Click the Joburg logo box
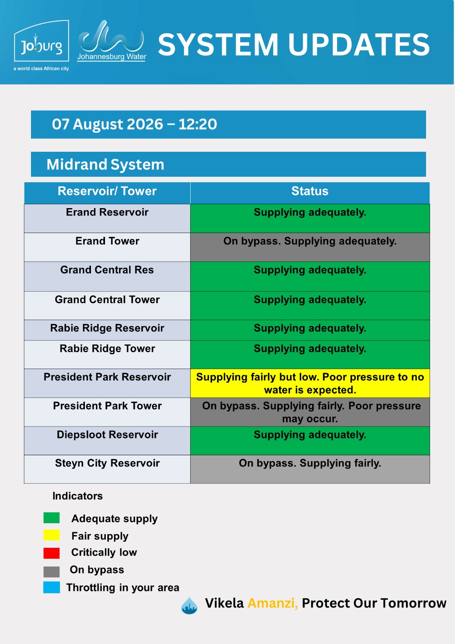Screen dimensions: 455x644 (41, 41)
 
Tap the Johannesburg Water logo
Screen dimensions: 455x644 (111, 41)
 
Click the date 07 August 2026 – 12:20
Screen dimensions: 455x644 (134, 124)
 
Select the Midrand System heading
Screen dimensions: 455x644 (105, 165)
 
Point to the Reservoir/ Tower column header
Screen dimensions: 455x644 (107, 191)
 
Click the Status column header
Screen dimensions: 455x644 (310, 191)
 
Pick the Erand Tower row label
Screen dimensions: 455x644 (107, 241)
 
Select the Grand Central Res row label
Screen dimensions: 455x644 (107, 270)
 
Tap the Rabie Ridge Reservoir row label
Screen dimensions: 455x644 (107, 328)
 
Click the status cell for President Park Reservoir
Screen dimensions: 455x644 (310, 383)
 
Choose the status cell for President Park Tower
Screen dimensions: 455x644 (310, 412)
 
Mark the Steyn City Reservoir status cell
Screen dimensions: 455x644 (310, 469)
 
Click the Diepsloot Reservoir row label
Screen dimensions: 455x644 (107, 434)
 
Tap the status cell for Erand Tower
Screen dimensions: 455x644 (310, 247)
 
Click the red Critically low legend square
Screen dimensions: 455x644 (51, 553)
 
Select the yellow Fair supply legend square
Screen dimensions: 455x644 (51, 535)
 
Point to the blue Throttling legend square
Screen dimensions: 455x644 (51, 587)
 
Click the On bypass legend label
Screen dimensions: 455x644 (97, 570)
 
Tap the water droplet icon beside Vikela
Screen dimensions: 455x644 (189, 605)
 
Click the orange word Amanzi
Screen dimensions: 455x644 (273, 603)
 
